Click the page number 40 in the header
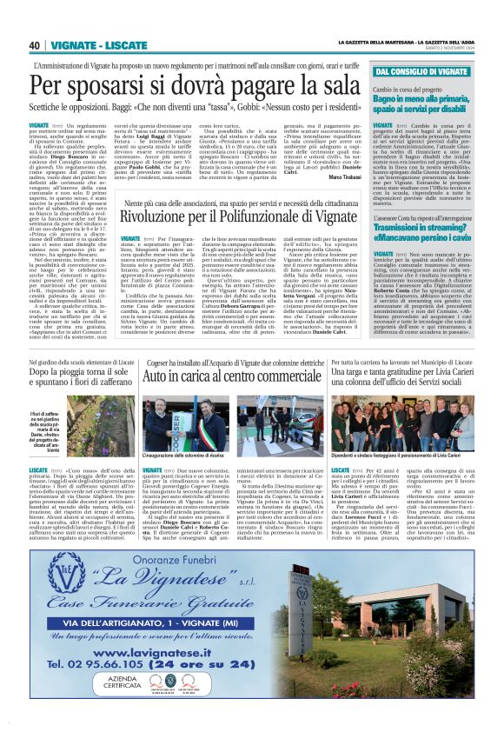click(35, 45)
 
